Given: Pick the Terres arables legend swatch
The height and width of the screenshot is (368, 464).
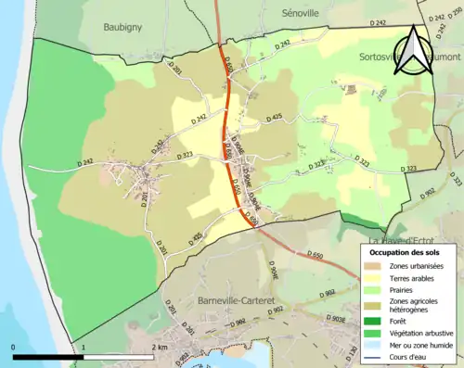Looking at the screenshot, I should click(372, 278).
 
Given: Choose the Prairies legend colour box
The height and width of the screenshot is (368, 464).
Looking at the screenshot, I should click(372, 289).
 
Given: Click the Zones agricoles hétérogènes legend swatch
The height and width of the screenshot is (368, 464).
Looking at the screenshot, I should click(372, 300).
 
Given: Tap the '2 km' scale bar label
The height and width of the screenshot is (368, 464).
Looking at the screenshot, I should click(157, 348).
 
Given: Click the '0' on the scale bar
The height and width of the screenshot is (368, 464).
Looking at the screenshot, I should click(14, 348).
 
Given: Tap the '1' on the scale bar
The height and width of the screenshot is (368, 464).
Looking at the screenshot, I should click(84, 348).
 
